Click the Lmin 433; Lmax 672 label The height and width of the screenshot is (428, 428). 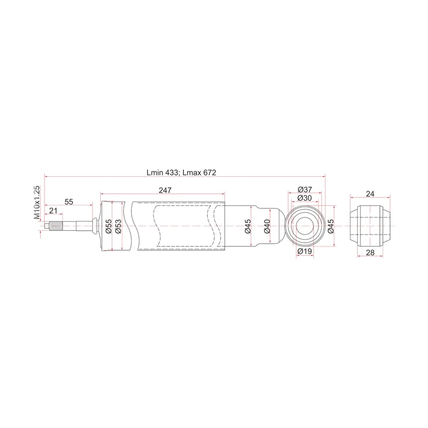[181, 173]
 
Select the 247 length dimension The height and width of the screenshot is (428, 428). [165, 190]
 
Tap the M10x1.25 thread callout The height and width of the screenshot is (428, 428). [37, 202]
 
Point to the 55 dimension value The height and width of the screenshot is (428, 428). [69, 202]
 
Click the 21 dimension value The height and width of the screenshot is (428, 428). [53, 210]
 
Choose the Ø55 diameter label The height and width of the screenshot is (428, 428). [109, 226]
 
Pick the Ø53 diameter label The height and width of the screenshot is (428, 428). [118, 226]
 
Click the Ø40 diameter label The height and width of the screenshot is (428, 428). [267, 226]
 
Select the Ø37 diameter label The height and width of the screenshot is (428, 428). [305, 190]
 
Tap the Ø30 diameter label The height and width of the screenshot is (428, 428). [305, 198]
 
